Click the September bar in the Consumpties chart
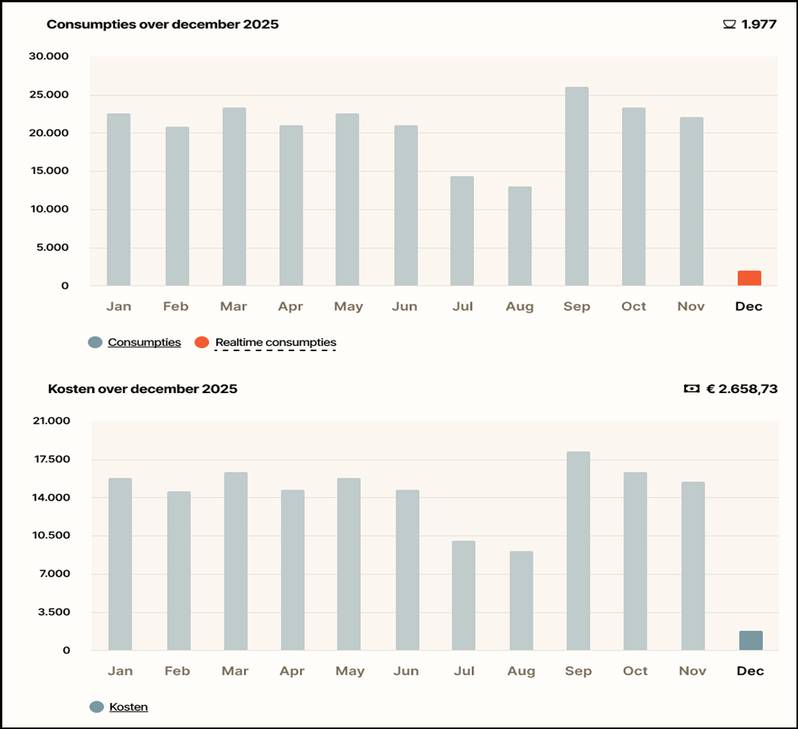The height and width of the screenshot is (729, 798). tap(577, 186)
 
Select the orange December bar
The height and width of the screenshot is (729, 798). tap(749, 278)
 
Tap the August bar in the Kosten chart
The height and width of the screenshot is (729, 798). tap(521, 601)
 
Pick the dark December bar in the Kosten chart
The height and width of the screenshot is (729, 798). tap(751, 641)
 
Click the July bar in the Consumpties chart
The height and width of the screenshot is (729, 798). tap(462, 231)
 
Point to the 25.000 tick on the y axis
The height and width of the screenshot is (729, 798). tap(49, 94)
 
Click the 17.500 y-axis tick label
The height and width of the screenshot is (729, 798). tap(52, 459)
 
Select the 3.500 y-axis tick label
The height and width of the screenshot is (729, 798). tap(54, 612)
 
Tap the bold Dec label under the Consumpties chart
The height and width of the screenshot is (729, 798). tap(748, 306)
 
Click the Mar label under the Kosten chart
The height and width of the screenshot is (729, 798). tap(235, 671)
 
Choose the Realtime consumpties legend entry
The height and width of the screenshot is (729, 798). tap(276, 342)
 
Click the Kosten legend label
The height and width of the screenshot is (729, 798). tap(129, 707)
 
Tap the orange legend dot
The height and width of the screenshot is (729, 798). tap(202, 342)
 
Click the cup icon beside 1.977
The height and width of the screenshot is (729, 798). tap(729, 24)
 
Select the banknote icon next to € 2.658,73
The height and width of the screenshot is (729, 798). tap(691, 388)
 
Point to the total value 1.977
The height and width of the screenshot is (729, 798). tap(759, 24)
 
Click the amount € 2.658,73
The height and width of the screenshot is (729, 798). tap(742, 389)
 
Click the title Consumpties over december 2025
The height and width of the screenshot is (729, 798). tap(163, 24)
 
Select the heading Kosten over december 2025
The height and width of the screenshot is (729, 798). tap(143, 389)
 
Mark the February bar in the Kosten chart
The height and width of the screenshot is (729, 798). tap(178, 571)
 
